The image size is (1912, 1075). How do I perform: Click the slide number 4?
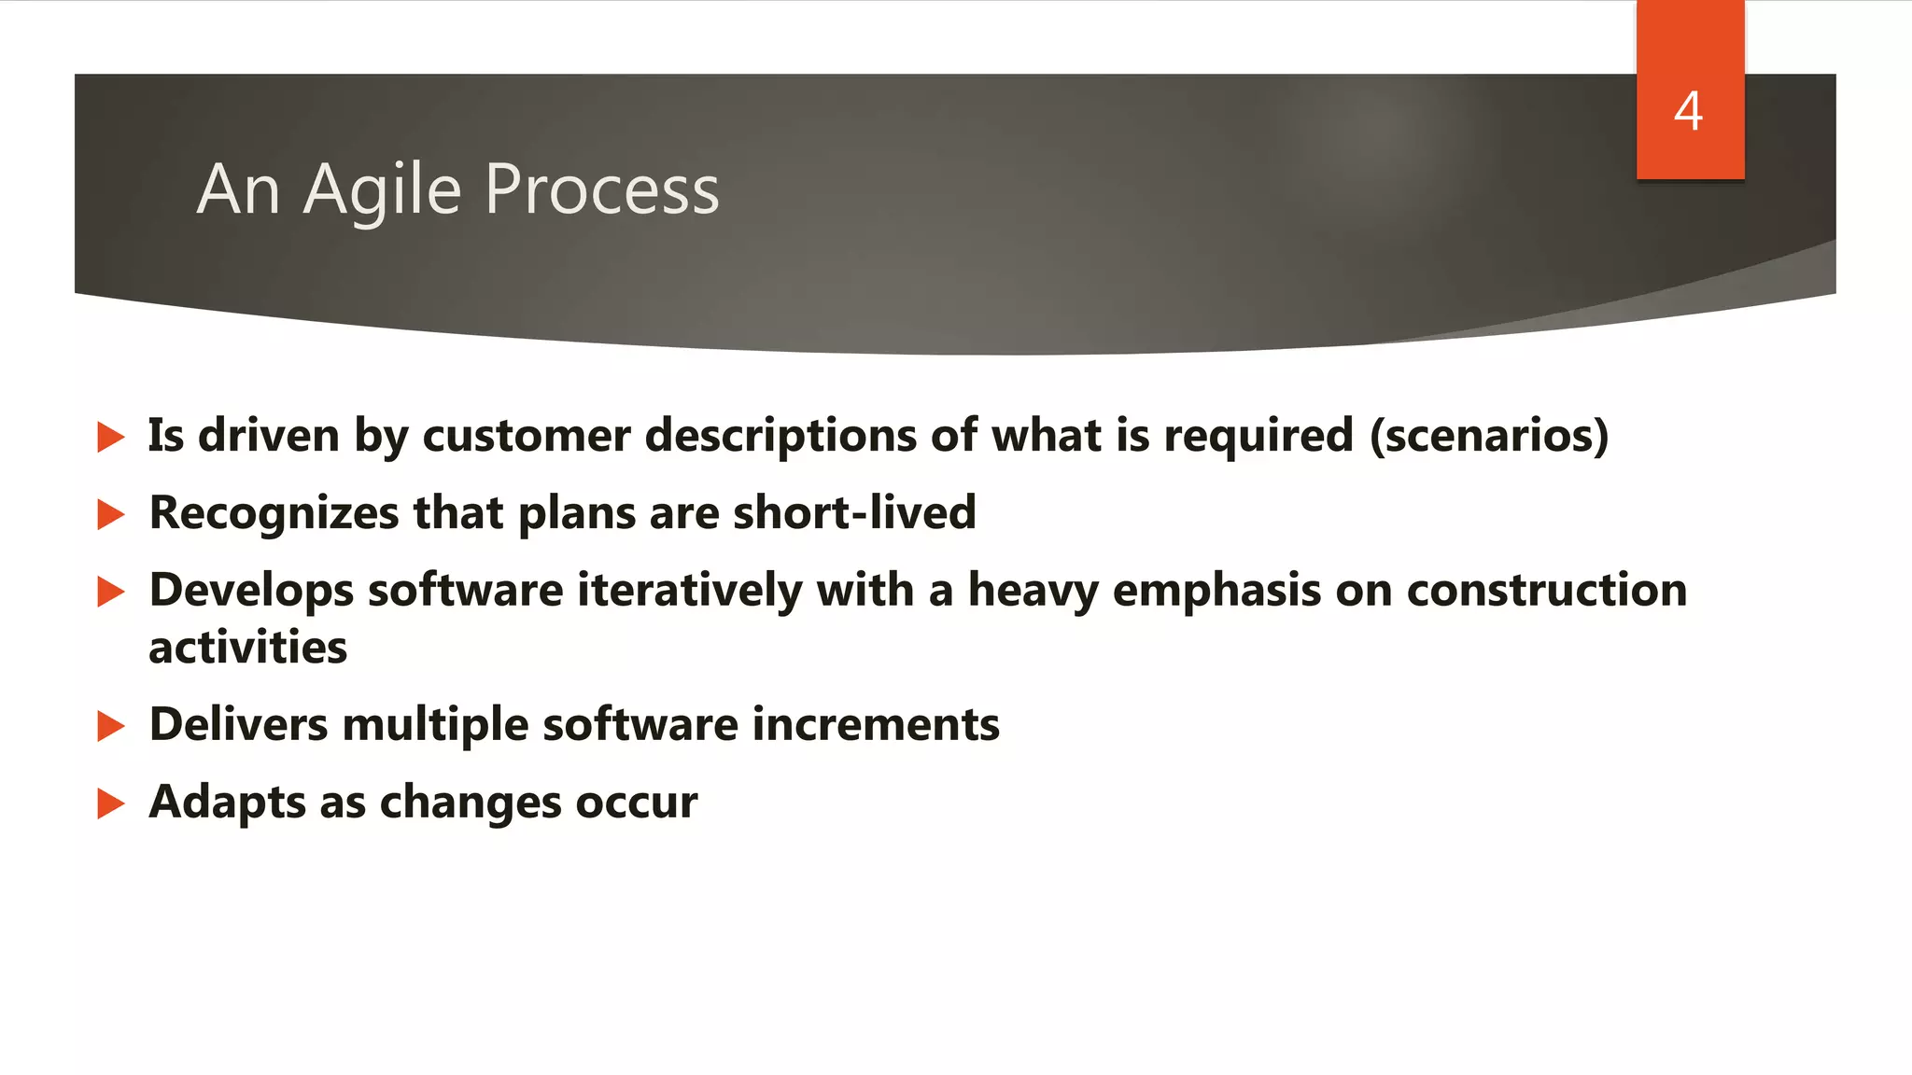tap(1688, 111)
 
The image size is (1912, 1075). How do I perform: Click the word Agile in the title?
tap(382, 190)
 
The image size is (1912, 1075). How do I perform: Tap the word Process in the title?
tap(602, 189)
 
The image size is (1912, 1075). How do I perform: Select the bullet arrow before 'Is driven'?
tap(110, 437)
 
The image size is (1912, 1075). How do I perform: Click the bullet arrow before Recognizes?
tap(110, 514)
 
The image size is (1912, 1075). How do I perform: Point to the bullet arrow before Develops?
tap(110, 592)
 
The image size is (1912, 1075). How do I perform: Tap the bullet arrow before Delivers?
tap(110, 726)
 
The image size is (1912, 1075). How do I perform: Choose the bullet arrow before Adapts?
tap(110, 803)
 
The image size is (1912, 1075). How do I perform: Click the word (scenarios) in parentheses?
tap(1489, 436)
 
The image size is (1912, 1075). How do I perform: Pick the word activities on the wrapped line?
tap(248, 648)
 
